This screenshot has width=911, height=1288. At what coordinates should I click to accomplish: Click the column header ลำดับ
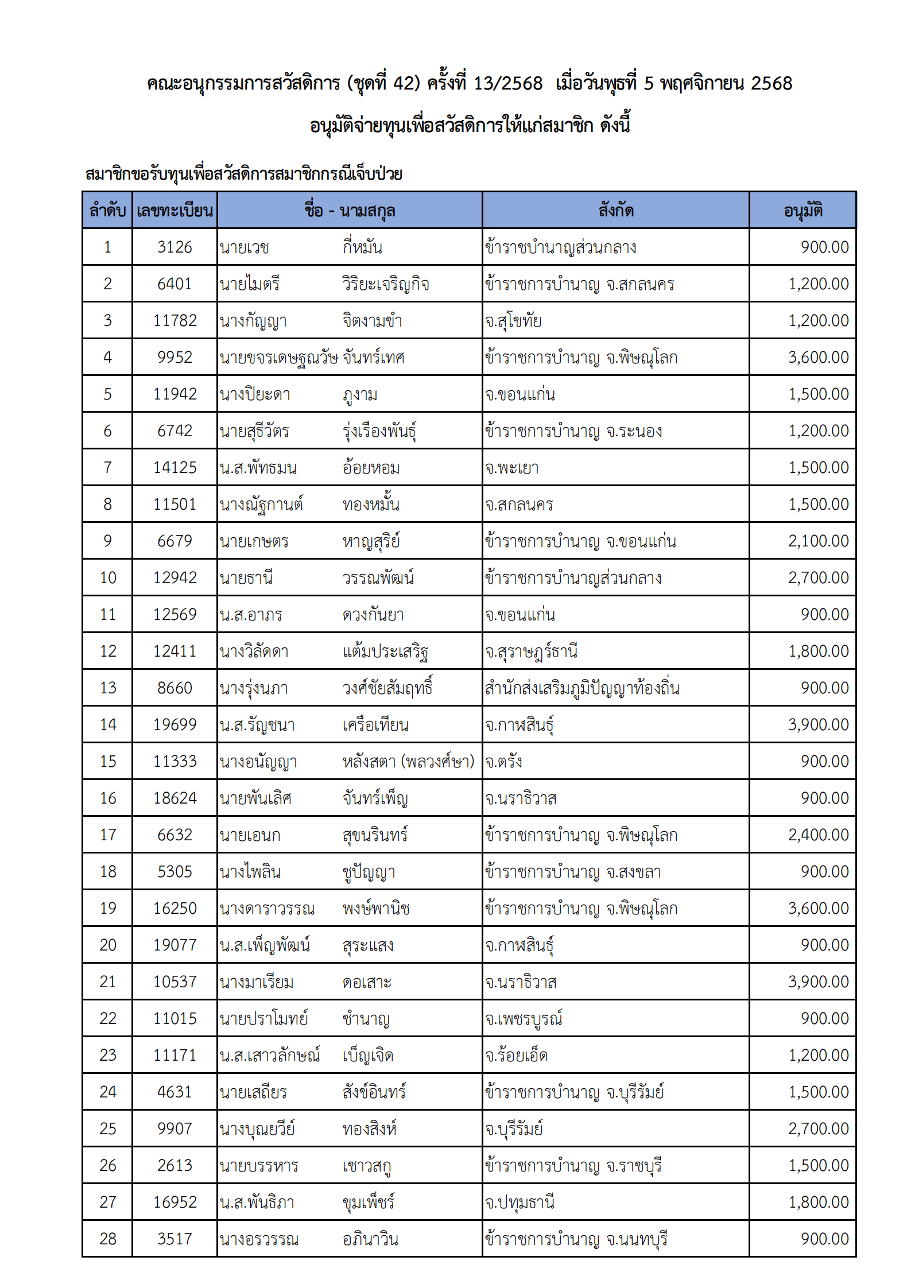107,211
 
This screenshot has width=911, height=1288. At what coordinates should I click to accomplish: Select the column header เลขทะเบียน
175,211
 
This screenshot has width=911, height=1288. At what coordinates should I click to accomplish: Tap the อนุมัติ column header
803,211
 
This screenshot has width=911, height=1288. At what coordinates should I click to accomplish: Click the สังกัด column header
615,211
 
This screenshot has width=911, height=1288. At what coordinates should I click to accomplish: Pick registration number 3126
175,247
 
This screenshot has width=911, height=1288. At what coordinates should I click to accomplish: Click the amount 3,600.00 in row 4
818,358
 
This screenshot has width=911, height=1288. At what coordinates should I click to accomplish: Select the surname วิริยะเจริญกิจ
385,284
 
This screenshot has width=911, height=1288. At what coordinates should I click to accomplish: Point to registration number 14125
175,468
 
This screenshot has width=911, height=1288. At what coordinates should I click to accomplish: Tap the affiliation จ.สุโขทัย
513,321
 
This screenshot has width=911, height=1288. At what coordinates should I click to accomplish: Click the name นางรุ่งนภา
254,688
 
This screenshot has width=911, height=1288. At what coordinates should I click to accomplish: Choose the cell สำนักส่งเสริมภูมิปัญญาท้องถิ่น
582,688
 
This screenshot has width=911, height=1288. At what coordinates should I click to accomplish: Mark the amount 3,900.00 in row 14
818,725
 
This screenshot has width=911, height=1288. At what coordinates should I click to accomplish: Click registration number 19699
175,725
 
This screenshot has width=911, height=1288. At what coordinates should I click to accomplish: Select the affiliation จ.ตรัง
503,762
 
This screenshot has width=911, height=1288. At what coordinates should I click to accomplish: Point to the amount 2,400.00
818,835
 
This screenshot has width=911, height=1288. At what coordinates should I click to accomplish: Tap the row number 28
107,1239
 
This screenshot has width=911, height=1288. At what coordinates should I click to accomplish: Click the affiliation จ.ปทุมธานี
520,1202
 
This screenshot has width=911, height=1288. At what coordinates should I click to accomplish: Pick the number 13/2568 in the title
507,84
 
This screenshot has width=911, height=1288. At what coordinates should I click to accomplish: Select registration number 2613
175,1166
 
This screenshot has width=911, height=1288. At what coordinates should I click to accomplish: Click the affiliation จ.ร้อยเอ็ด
516,1056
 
